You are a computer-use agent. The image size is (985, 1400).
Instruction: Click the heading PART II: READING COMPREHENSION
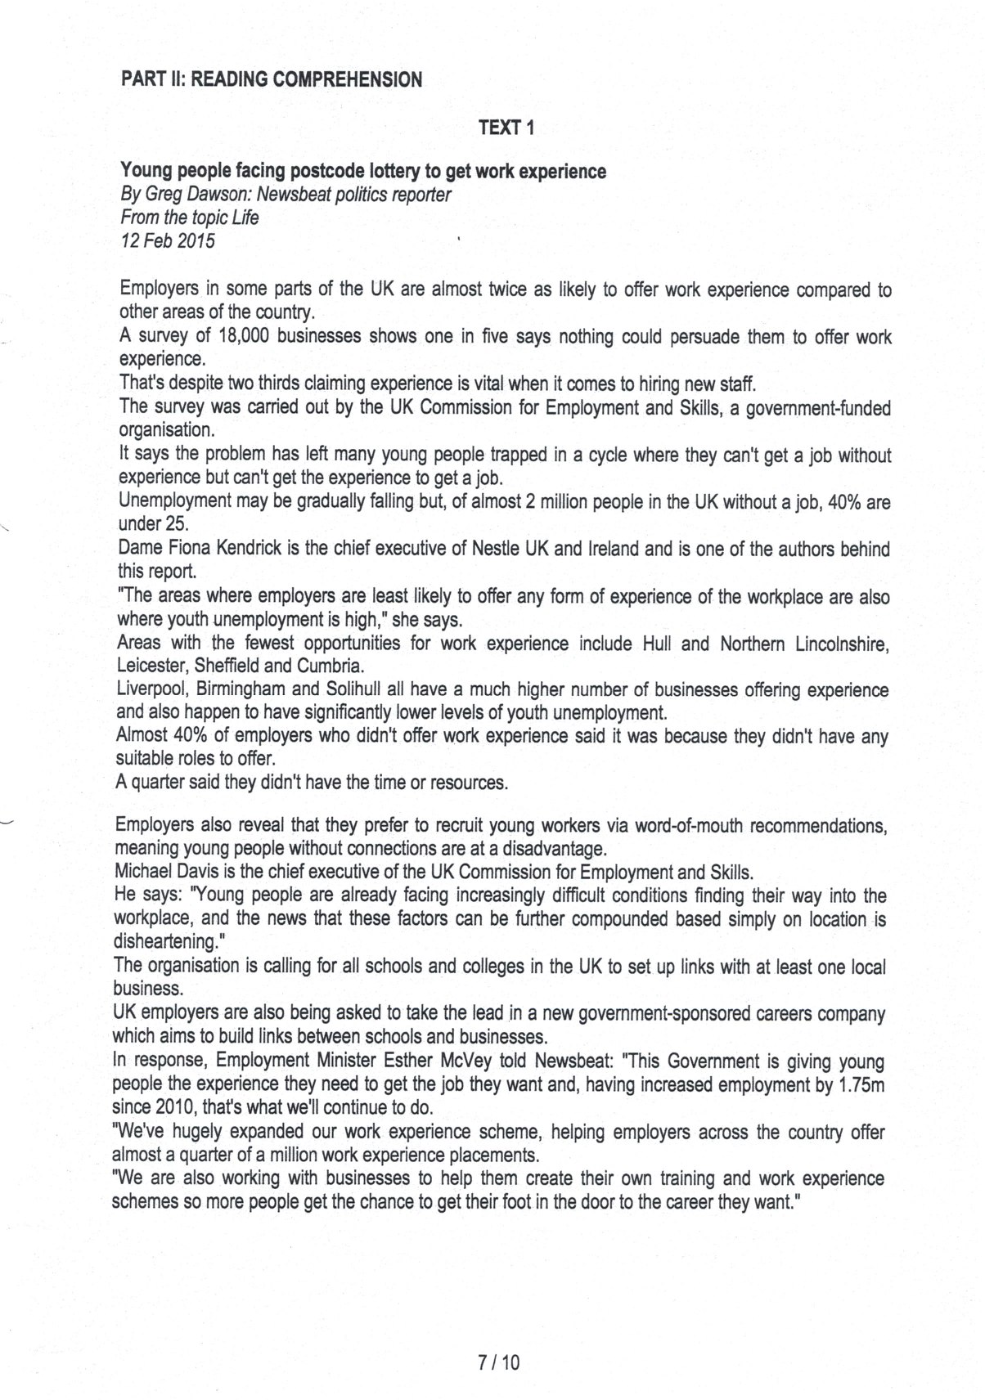[272, 79]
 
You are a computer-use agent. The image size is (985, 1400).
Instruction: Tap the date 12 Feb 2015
[168, 240]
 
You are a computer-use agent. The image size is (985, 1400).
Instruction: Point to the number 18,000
[245, 336]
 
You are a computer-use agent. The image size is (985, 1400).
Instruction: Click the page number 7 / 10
[499, 1362]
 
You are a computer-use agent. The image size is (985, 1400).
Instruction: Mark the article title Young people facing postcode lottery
[363, 171]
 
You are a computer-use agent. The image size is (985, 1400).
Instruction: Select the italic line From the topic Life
[189, 218]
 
